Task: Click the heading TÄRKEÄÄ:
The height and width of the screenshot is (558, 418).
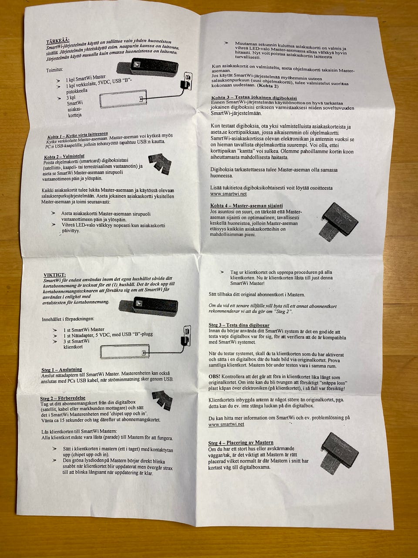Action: coord(58,41)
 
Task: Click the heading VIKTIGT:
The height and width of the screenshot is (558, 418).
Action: coord(54,275)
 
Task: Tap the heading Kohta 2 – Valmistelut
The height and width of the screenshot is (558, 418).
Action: coord(64,157)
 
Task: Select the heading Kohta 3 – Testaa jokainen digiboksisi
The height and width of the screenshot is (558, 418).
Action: coord(254,98)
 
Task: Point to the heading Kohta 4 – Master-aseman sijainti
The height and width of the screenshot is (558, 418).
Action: coord(246,205)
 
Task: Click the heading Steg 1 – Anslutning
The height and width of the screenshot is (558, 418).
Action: coord(62,369)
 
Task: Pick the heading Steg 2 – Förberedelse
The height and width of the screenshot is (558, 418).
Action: coord(63,398)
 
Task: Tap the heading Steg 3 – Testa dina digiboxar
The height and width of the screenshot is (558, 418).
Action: coord(239,325)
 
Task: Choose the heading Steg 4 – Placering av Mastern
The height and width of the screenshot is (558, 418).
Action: coord(241,443)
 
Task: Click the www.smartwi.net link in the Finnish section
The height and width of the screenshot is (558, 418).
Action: coord(229,194)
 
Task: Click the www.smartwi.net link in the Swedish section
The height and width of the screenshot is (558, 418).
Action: coord(226,424)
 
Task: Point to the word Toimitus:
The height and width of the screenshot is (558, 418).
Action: coord(54,70)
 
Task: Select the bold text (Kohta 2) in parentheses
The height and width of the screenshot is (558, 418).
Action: coord(268,86)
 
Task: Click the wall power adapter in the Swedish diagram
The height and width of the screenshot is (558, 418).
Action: coord(185,336)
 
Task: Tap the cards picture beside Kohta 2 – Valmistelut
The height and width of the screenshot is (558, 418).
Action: coord(159,164)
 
